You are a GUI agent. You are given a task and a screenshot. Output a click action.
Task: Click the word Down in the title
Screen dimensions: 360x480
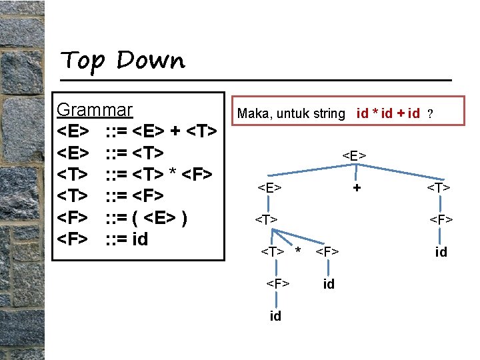[x=151, y=61]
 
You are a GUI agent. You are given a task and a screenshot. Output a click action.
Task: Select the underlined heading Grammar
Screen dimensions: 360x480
[x=95, y=110]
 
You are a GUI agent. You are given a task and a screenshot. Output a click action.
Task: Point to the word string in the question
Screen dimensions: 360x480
[x=329, y=114]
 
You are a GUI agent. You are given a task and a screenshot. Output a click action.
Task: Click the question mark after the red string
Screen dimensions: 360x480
[x=431, y=114]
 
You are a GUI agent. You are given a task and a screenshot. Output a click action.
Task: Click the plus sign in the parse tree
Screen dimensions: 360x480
[x=357, y=188]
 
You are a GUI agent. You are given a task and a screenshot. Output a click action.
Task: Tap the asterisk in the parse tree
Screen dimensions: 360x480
[x=298, y=251]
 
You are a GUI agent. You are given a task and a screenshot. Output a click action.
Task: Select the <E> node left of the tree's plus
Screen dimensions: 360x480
[x=269, y=187]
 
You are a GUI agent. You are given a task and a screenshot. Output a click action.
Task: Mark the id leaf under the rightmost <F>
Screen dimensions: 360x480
[x=441, y=252]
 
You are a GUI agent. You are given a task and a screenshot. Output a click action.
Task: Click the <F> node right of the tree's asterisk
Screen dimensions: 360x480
[x=327, y=251]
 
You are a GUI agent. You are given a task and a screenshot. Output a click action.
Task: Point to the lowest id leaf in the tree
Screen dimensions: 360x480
[x=275, y=316]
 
